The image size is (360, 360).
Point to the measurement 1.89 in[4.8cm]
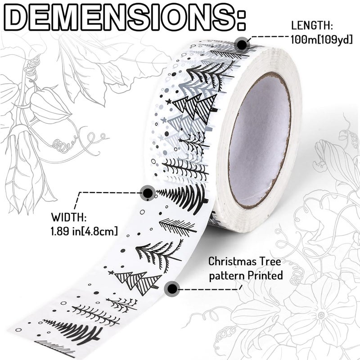point(85,231)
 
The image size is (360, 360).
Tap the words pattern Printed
point(246,275)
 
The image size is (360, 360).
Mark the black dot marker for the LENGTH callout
point(242,44)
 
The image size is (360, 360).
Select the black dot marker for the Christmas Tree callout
point(171,288)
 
